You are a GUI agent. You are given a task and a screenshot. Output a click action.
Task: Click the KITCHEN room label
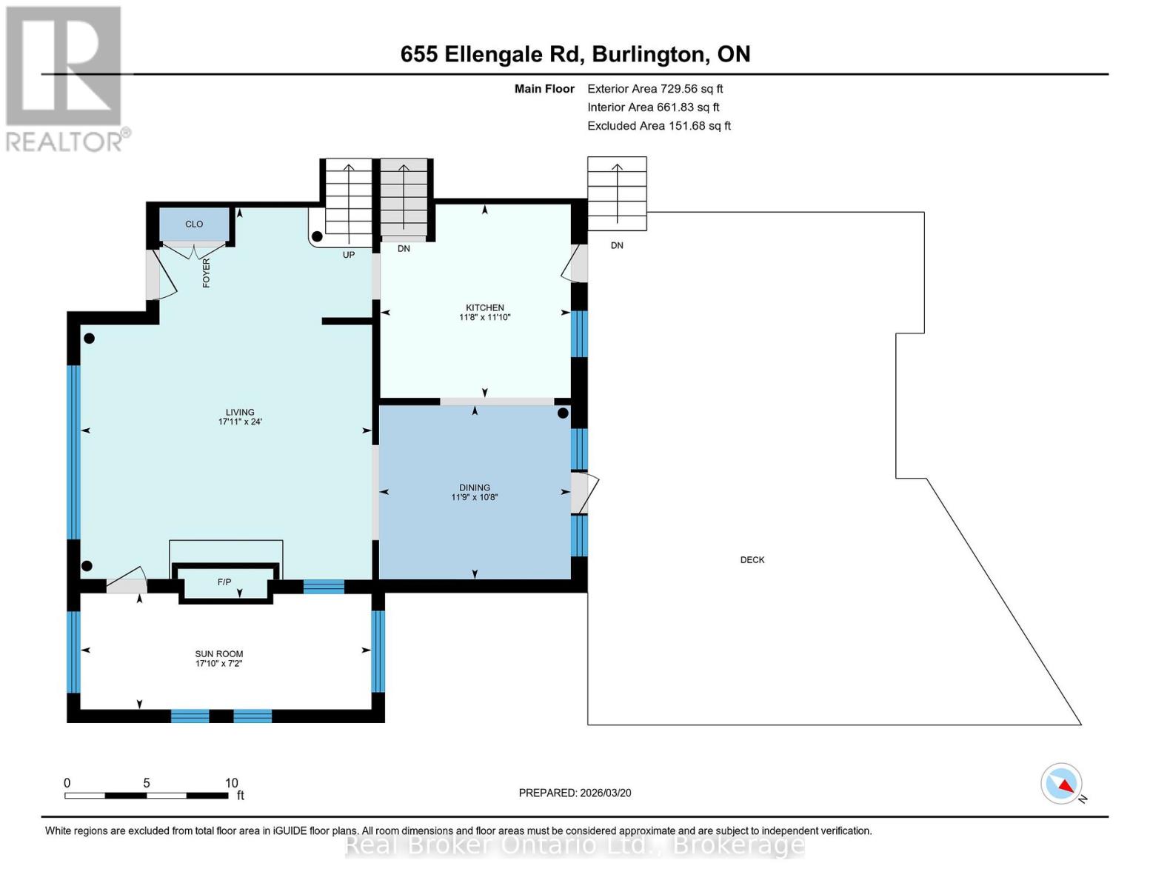click(x=484, y=307)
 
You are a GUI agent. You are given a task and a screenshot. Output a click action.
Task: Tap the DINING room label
click(x=474, y=487)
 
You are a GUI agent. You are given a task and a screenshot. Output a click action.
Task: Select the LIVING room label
click(x=240, y=412)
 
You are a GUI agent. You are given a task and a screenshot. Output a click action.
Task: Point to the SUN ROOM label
click(x=218, y=653)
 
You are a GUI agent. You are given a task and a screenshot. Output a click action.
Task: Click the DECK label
click(x=752, y=560)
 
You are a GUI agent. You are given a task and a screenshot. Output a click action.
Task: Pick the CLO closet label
click(x=194, y=224)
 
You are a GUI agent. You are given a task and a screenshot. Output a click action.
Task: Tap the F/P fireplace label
click(x=224, y=582)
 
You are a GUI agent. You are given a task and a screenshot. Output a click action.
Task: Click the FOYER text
click(x=207, y=273)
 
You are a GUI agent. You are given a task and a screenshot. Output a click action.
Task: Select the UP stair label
click(x=348, y=255)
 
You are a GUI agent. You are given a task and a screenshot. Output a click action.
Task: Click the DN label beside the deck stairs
click(x=617, y=245)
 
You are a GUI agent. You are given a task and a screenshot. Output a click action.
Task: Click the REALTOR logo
click(x=65, y=79)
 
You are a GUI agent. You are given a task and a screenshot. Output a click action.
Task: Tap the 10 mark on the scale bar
click(x=231, y=783)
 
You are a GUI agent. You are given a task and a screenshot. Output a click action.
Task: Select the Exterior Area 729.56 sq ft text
click(x=655, y=89)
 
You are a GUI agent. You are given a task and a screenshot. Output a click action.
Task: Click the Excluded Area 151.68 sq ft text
click(x=658, y=126)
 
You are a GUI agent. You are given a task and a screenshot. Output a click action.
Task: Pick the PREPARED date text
click(x=575, y=793)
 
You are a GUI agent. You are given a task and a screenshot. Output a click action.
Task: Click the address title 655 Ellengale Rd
click(x=575, y=54)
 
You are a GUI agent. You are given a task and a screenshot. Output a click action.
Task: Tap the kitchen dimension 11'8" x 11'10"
click(x=484, y=318)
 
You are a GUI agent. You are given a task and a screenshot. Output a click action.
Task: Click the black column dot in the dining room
click(x=563, y=413)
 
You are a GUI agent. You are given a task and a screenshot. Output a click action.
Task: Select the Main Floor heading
click(x=544, y=89)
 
